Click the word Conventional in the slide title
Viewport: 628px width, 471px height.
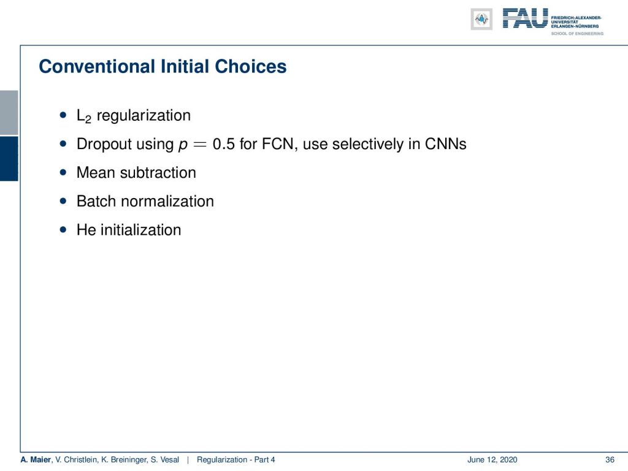(97, 66)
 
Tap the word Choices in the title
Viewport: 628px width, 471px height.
(251, 66)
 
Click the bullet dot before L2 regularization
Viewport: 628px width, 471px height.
(63, 115)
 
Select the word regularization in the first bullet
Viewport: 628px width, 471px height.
(144, 116)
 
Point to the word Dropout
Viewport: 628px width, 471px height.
(104, 144)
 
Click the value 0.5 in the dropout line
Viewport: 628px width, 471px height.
(223, 144)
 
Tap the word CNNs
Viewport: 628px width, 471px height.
(446, 144)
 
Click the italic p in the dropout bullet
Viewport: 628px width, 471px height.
(183, 145)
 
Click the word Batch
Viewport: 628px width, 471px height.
(96, 201)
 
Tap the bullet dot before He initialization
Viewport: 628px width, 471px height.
(63, 230)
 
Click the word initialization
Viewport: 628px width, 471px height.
(140, 230)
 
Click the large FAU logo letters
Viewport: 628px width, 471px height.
(526, 18)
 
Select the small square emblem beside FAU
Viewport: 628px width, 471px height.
(481, 19)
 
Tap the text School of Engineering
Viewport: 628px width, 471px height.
(577, 34)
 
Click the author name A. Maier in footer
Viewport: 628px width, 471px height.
(36, 460)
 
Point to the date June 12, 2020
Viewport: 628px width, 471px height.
(492, 460)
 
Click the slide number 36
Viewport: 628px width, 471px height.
(610, 460)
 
